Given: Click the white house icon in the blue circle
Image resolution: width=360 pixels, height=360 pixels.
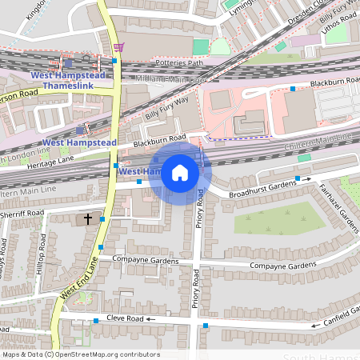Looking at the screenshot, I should point(180,173).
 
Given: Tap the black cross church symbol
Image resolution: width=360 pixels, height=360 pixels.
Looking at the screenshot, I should point(87,218).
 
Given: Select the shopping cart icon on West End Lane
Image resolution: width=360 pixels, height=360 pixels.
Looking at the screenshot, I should point(118,47).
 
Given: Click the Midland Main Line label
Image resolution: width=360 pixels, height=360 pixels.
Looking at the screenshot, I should point(171,79).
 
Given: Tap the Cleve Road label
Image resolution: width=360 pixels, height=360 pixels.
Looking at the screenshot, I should point(123,318).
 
